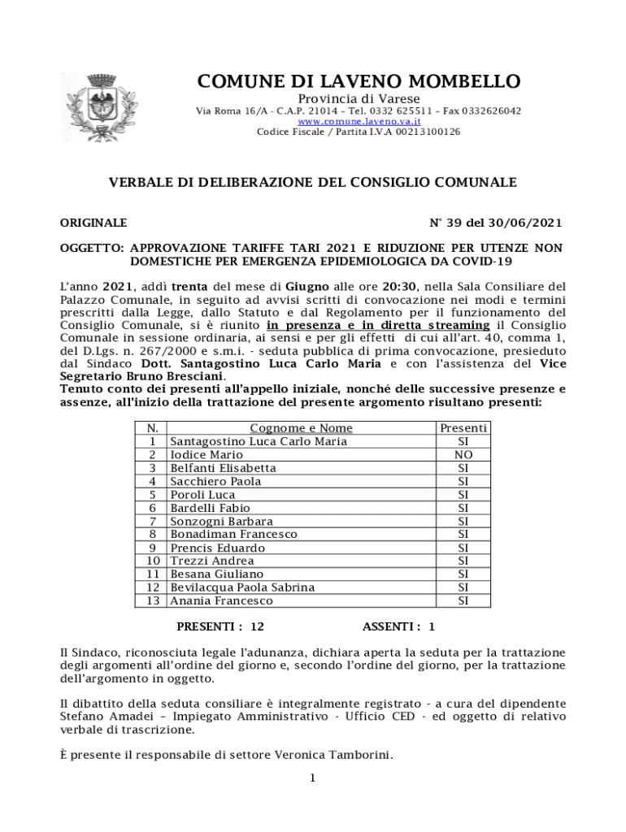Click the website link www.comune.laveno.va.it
pyautogui.click(x=359, y=121)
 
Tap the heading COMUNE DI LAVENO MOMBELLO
pyautogui.click(x=359, y=82)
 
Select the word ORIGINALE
pyautogui.click(x=93, y=223)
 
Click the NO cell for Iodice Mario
pyautogui.click(x=463, y=455)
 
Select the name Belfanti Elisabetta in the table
pyautogui.click(x=223, y=468)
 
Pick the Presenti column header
pyautogui.click(x=463, y=428)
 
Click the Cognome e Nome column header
pyautogui.click(x=301, y=428)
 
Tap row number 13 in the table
pyautogui.click(x=153, y=601)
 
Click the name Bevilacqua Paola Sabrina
pyautogui.click(x=242, y=587)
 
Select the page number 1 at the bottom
pyautogui.click(x=312, y=778)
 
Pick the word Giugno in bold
pyautogui.click(x=306, y=287)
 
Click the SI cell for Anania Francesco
pyautogui.click(x=463, y=601)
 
